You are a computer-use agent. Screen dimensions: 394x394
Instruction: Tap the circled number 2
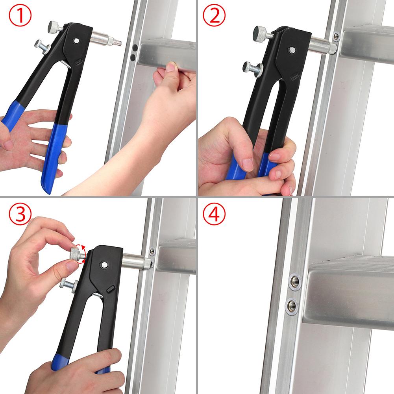pos(215,17)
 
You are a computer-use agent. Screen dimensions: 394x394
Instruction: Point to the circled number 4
pos(215,214)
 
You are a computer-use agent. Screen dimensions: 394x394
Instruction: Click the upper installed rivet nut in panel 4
pos(294,281)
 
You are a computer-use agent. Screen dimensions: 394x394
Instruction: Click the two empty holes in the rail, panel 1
pos(135,52)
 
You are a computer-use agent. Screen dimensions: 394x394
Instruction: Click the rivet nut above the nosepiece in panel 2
pos(336,37)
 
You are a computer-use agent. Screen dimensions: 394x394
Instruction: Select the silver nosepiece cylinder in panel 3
pos(136,261)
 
